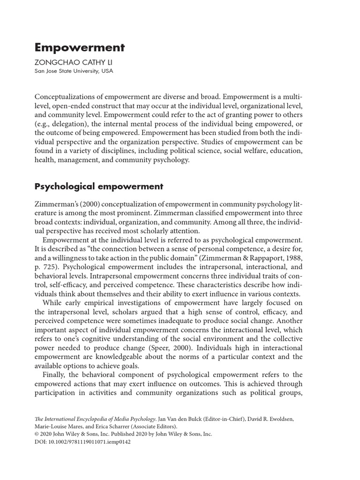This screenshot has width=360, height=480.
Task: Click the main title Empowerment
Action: (80, 47)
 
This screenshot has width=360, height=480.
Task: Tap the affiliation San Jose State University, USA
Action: (74, 71)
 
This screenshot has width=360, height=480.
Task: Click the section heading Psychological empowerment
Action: (99, 186)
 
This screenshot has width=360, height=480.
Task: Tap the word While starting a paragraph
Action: (52, 303)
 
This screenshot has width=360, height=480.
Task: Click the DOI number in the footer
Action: (89, 442)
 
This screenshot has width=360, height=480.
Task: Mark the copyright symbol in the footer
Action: (37, 434)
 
